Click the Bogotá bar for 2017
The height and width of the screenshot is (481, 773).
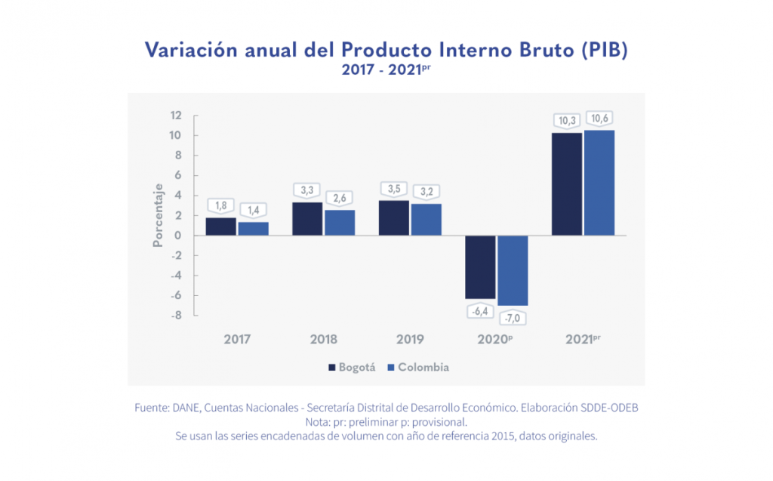(220, 227)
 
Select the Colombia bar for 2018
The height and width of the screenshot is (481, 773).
(340, 223)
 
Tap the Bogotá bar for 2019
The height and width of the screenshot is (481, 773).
(393, 218)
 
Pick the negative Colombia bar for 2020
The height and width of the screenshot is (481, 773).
(513, 270)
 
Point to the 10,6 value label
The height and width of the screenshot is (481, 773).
(602, 119)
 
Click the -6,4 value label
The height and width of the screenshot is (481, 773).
(480, 310)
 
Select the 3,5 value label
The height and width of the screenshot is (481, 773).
(394, 189)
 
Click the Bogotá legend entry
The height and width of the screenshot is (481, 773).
(351, 368)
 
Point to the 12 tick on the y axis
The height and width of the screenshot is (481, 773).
(176, 116)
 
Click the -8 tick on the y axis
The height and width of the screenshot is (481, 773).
(176, 315)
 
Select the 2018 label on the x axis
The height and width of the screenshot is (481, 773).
(324, 340)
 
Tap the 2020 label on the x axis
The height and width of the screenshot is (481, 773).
(494, 340)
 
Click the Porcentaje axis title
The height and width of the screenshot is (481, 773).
(159, 215)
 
